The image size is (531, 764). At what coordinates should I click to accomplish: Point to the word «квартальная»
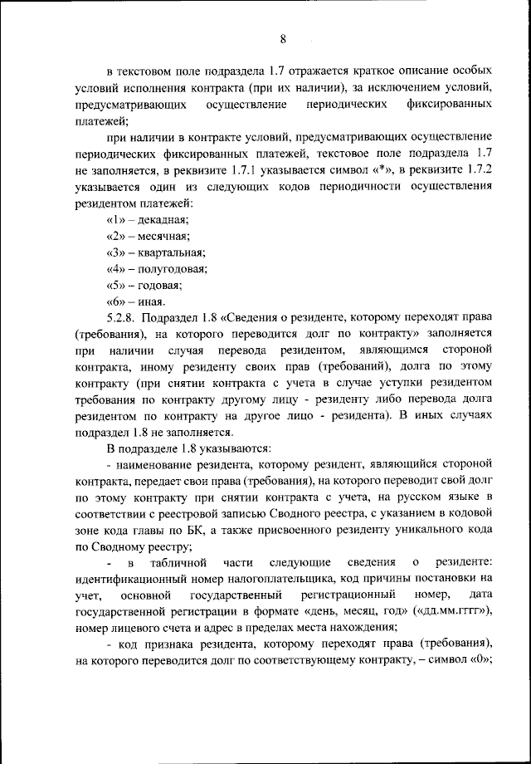click(172, 252)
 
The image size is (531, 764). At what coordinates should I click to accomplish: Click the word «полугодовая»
click(173, 269)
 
